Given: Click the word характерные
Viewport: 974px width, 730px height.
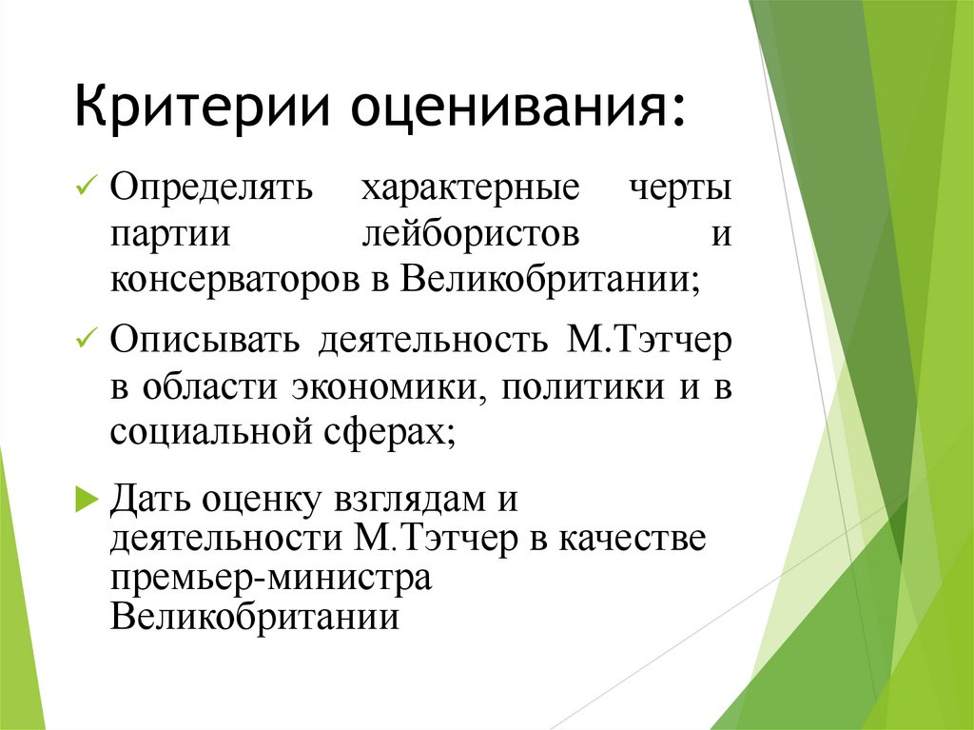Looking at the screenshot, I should coord(469,187).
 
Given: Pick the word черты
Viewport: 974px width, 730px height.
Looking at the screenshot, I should coord(681,187).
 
